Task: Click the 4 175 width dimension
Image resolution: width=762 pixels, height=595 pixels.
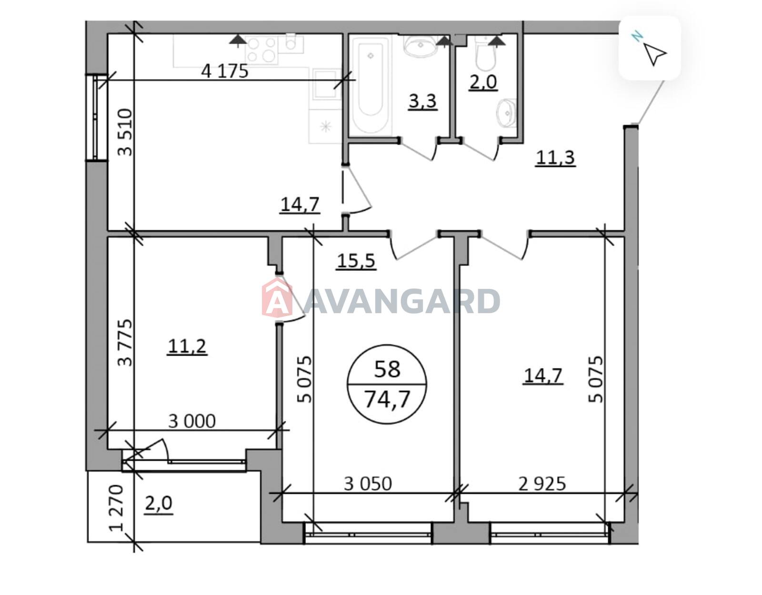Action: (224, 71)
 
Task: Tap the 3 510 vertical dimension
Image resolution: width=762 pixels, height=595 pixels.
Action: (125, 132)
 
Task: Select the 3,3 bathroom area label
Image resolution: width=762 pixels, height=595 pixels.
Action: (422, 101)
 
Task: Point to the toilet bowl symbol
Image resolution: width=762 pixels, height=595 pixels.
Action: (486, 56)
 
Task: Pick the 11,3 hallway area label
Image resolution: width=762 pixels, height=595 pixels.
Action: (555, 158)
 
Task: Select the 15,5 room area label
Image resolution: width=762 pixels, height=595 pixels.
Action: (356, 261)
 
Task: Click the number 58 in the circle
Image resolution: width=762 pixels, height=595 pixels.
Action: (387, 369)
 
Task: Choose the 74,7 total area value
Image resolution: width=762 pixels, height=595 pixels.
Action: (387, 399)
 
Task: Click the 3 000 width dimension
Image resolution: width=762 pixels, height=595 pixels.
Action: (192, 422)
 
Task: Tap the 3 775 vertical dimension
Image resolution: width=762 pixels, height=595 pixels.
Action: (125, 343)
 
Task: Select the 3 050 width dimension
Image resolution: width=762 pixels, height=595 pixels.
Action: (368, 484)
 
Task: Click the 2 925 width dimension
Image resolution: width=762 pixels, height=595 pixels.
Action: (542, 484)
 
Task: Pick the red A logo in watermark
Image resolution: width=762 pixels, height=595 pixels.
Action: (277, 297)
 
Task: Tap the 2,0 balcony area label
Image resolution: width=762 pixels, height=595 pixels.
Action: (159, 504)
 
